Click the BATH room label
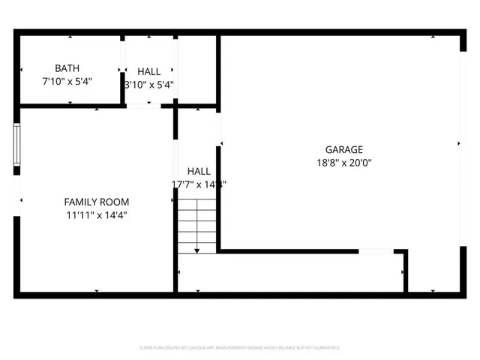67,67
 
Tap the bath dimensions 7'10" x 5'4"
67,82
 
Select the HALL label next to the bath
148,71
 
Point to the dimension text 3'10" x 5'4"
149,85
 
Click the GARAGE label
343,149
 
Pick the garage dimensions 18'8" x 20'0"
343,162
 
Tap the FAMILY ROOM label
96,202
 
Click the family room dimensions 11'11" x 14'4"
96,215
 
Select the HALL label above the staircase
199,171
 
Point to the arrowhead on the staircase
197,250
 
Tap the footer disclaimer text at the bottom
240,348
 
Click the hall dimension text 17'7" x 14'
199,184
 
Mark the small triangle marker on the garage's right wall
458,143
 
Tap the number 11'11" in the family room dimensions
76,215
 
